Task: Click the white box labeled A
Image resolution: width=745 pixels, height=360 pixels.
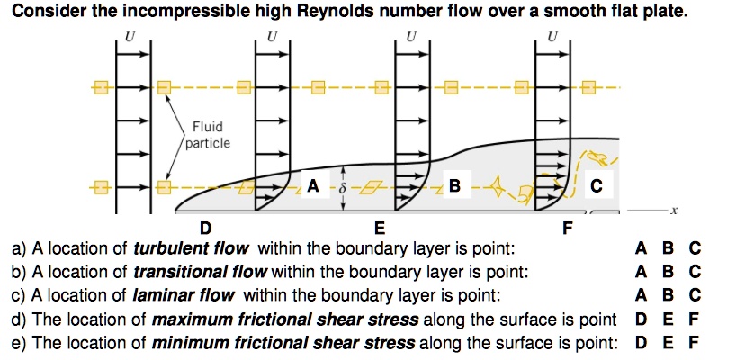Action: coord(312,186)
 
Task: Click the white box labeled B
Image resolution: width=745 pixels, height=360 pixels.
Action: coord(454,186)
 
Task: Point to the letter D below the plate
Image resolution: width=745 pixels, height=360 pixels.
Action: coord(206,228)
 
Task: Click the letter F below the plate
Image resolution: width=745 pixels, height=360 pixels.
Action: coord(566,228)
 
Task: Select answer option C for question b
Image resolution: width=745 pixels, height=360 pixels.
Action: coord(694,271)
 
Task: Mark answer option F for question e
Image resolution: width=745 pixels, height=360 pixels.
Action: coord(694,342)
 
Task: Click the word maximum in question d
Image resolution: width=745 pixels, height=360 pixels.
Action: coord(193,319)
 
